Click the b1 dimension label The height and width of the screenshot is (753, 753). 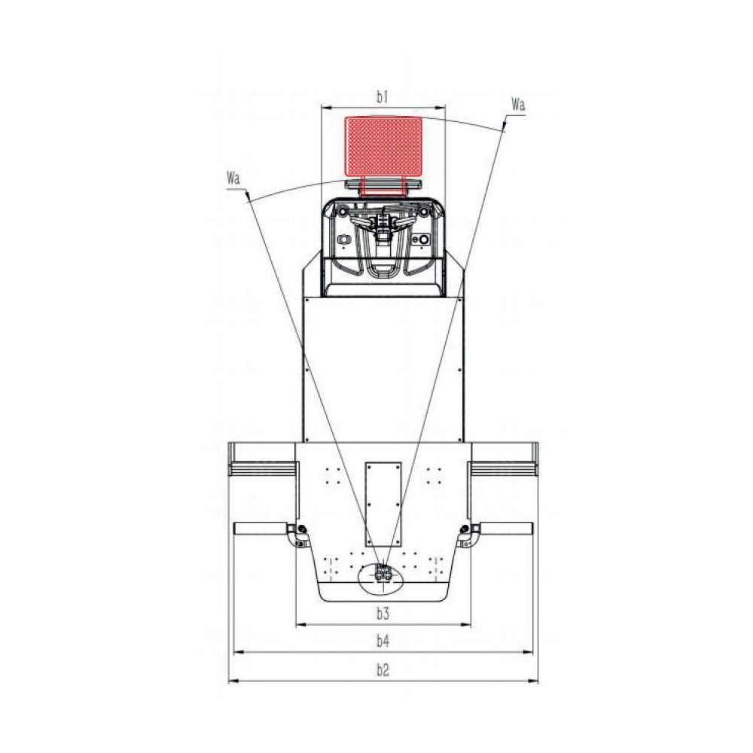click(x=383, y=97)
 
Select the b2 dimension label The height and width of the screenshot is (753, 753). click(x=383, y=669)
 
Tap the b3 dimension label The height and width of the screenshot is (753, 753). click(x=383, y=613)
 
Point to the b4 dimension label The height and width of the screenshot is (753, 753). click(x=383, y=641)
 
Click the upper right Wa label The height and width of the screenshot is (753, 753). click(x=518, y=104)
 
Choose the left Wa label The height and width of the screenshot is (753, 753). click(x=233, y=178)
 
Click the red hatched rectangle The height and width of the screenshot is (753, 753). click(x=384, y=146)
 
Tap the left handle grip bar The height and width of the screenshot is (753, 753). click(x=261, y=529)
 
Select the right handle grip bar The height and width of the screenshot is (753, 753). click(x=506, y=529)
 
